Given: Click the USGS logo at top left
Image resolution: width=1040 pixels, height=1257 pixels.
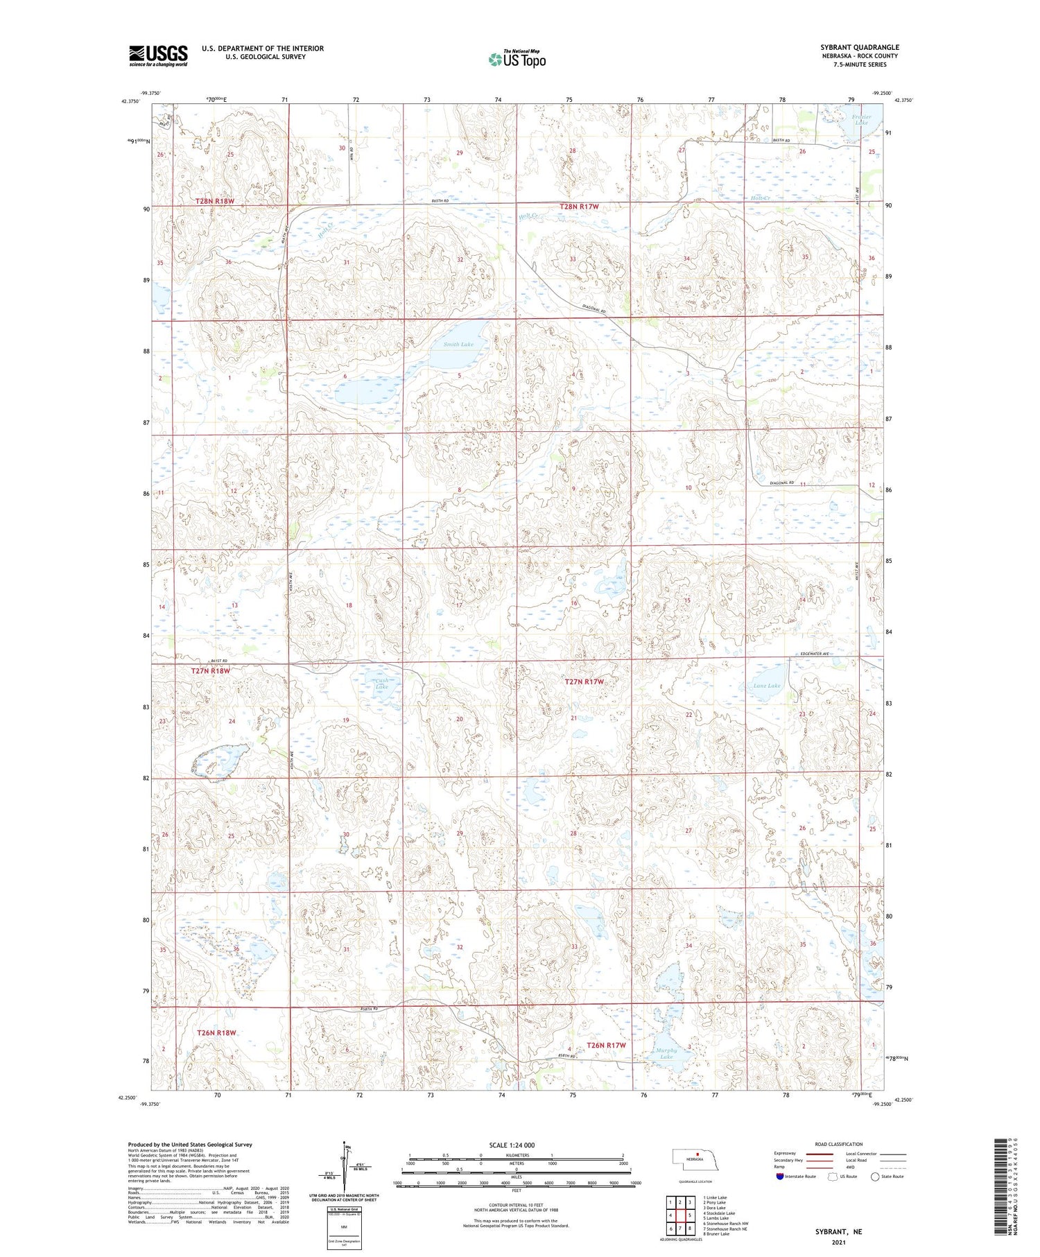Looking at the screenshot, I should point(158,55).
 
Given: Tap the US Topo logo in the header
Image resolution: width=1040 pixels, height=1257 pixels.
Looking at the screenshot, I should point(517,59).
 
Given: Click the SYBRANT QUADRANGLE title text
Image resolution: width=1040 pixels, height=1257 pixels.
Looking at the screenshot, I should point(859,47).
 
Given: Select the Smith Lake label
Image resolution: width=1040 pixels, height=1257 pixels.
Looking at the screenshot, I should point(458,344).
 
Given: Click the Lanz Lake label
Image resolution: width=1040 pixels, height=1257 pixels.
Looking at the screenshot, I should point(767,686).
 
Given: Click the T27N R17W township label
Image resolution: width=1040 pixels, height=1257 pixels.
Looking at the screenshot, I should point(584,682).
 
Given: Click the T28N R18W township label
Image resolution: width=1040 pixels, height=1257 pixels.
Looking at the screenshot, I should point(214,201).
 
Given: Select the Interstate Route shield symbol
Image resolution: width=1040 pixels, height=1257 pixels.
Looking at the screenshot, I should point(779,1177).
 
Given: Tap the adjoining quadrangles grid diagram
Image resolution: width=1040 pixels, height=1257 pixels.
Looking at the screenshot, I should point(679,1215).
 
